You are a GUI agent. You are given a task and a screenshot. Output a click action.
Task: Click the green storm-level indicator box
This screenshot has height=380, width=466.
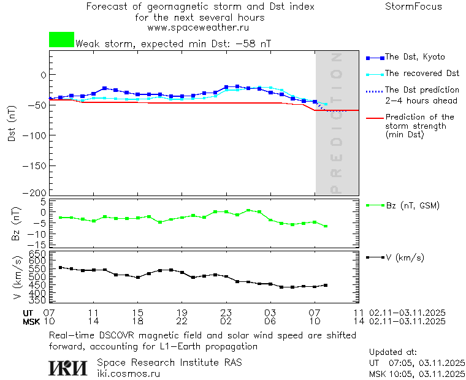61,40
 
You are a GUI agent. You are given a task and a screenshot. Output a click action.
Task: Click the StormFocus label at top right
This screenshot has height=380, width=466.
413,7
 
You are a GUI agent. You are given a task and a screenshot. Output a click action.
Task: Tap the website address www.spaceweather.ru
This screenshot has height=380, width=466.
198,28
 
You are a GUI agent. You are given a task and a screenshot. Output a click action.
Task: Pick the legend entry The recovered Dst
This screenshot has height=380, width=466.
422,73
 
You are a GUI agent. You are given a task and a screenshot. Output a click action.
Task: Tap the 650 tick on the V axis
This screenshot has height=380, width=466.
37,254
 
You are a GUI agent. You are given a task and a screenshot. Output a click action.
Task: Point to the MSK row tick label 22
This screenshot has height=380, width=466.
181,321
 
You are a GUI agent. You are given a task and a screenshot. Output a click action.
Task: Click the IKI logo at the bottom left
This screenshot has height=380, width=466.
67,368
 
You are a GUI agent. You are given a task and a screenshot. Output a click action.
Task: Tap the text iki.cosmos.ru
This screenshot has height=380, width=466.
128,373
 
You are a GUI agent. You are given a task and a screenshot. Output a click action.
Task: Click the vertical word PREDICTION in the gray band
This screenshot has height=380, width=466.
336,123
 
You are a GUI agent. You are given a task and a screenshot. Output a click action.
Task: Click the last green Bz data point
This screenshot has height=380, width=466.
326,226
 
